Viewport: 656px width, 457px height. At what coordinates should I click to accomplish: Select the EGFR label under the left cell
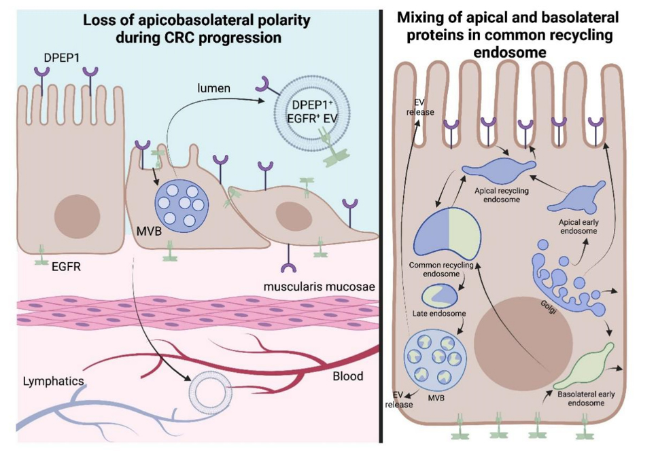point(66,267)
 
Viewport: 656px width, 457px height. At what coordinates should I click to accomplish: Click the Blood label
point(347,376)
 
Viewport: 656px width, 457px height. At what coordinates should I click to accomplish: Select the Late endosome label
point(439,314)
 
